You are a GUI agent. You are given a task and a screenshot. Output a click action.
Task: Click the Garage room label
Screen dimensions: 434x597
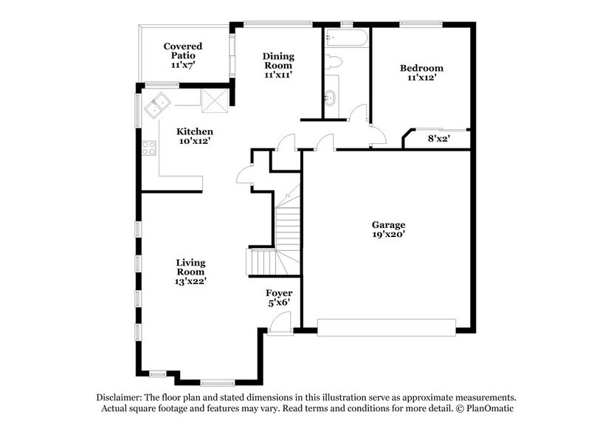(388, 225)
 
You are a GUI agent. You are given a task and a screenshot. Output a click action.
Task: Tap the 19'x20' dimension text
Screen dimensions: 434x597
(388, 235)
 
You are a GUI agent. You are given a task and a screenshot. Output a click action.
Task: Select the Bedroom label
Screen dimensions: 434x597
(421, 69)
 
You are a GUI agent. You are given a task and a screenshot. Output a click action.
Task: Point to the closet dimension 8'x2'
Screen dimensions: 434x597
(438, 137)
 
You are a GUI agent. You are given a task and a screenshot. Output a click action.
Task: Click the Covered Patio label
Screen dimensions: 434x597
(182, 51)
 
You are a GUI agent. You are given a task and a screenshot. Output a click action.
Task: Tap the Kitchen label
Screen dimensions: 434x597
(195, 132)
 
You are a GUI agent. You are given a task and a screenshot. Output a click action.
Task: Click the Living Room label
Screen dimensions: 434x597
(190, 267)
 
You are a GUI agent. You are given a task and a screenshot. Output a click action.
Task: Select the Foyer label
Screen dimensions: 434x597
(279, 293)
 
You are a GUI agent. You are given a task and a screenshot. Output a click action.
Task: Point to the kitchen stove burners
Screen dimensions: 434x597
(149, 148)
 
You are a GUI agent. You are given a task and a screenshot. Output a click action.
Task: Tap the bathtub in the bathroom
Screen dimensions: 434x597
(345, 38)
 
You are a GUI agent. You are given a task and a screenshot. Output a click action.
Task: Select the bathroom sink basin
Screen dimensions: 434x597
(331, 95)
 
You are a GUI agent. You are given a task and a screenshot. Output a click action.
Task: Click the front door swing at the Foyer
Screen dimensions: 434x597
(277, 323)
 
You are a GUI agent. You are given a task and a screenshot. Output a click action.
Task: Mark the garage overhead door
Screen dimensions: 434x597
(387, 327)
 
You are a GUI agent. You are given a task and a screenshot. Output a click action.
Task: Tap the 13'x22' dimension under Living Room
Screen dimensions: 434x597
(190, 282)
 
